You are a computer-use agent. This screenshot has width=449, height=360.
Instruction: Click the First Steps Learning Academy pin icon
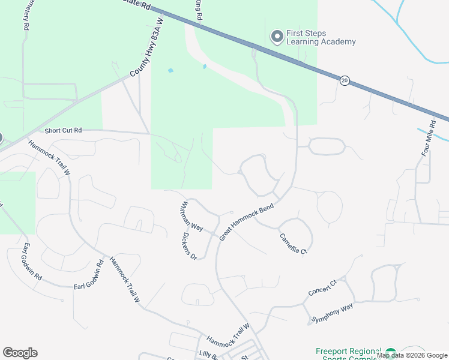pyautogui.click(x=277, y=37)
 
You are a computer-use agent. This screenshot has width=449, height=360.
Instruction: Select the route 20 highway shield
pyautogui.click(x=345, y=80)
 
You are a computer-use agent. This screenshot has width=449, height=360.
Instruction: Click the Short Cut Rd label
pyautogui.click(x=62, y=130)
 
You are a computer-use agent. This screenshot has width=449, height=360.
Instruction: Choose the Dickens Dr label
pyautogui.click(x=189, y=246)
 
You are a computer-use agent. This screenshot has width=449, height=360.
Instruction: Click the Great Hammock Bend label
pyautogui.click(x=246, y=222)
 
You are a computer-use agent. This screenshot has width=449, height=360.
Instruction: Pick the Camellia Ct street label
pyautogui.click(x=294, y=243)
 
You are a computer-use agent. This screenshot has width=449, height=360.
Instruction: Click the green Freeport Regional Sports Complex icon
pyautogui.click(x=391, y=353)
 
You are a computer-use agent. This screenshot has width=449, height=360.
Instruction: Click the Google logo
pyautogui.click(x=20, y=353)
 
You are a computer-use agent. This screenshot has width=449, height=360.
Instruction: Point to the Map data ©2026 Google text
pyautogui.click(x=412, y=355)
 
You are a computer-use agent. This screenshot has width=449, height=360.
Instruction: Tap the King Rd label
pyautogui.click(x=199, y=10)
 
